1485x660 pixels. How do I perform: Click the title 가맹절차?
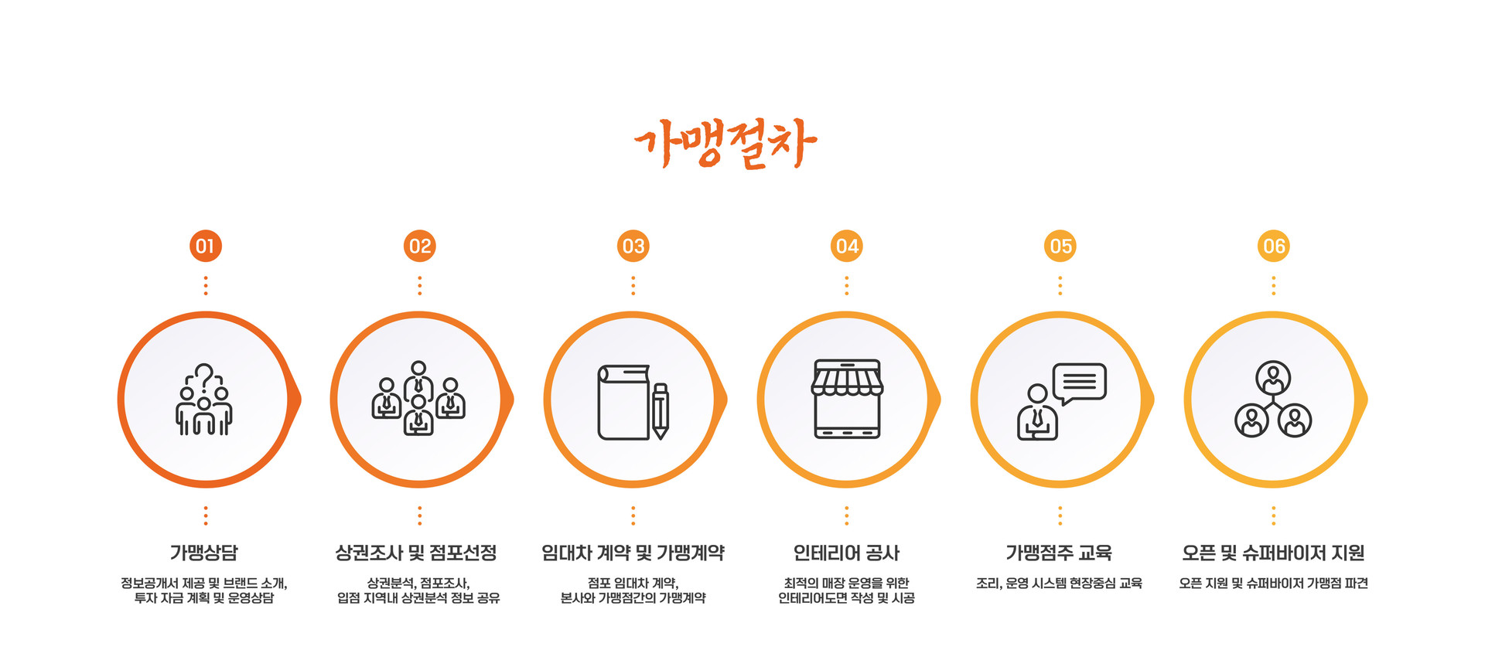(725, 143)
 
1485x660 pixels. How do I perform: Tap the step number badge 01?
(205, 247)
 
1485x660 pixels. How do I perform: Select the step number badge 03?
(633, 247)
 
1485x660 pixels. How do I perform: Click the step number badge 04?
(847, 247)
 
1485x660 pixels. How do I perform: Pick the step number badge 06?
(1274, 247)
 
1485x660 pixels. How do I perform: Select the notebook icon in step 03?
(623, 403)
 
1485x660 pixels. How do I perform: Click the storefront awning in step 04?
(847, 379)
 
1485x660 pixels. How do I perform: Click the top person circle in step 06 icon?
(1273, 378)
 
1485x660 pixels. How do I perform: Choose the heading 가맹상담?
(204, 553)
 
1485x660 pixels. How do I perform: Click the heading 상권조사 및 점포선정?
(416, 553)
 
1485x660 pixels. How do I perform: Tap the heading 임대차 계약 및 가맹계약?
(633, 553)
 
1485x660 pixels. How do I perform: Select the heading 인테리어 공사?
(846, 553)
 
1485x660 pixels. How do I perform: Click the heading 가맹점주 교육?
(1059, 553)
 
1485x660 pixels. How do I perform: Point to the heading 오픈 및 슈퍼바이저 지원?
(1273, 553)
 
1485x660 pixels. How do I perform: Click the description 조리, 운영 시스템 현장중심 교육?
(1059, 583)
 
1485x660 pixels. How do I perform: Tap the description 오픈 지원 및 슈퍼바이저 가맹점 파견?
(1273, 583)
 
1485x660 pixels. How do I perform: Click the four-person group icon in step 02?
(418, 398)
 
